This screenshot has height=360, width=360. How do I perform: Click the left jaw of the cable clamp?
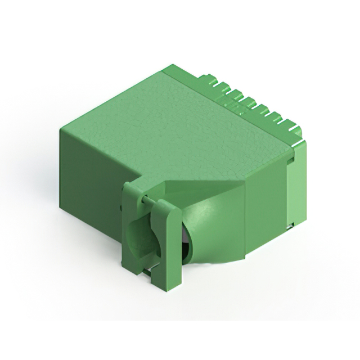[x=132, y=225]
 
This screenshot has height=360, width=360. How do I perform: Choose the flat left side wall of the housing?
[x=90, y=169]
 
